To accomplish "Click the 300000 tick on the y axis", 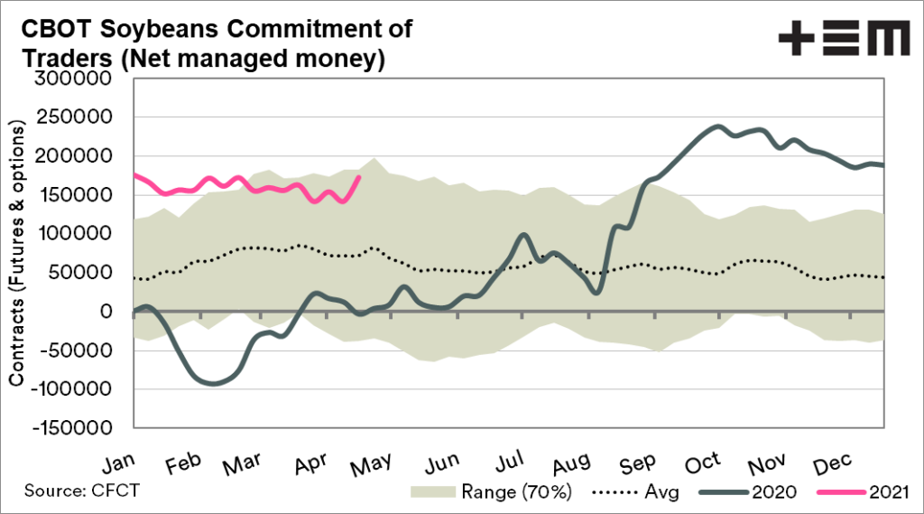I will coord(73,79).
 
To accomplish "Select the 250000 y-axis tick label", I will coord(73,118).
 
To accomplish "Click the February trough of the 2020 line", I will coord(213,384).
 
